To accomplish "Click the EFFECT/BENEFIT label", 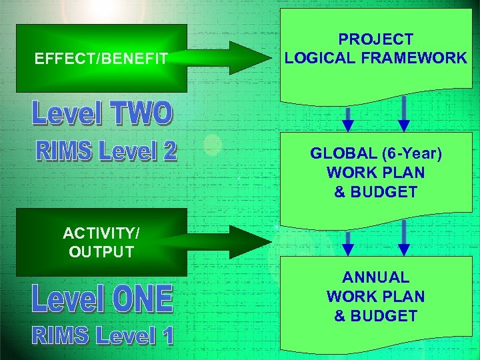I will [101, 59].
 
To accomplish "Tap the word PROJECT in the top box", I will [375, 40].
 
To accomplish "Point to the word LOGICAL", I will [318, 58].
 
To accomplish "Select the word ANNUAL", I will [375, 277].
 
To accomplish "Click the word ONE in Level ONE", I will [141, 299].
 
